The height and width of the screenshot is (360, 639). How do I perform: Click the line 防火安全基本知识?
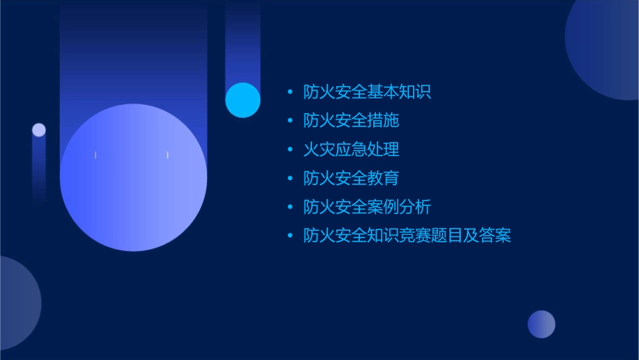click(367, 92)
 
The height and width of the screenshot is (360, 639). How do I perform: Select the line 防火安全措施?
click(351, 120)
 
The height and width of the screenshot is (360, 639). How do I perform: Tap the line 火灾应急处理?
click(351, 149)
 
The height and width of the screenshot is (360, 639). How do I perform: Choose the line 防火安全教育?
click(351, 178)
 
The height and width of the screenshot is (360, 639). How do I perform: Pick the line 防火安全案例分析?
click(367, 207)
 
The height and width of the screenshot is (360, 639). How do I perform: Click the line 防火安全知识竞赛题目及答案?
click(407, 236)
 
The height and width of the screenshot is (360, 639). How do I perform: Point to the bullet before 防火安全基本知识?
click(290, 92)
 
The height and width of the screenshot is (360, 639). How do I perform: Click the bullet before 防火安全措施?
click(290, 121)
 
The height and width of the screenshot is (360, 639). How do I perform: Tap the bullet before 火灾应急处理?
click(290, 149)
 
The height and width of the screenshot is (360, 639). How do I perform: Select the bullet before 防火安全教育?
click(290, 178)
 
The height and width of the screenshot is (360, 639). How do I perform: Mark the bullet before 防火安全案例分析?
click(290, 207)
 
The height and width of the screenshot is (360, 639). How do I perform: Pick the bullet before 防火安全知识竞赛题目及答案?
click(290, 236)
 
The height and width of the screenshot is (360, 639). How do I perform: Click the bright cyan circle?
click(243, 100)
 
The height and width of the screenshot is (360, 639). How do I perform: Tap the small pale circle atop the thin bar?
click(39, 130)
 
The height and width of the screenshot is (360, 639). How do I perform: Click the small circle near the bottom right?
click(541, 324)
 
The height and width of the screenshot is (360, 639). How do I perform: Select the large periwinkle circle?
click(133, 178)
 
